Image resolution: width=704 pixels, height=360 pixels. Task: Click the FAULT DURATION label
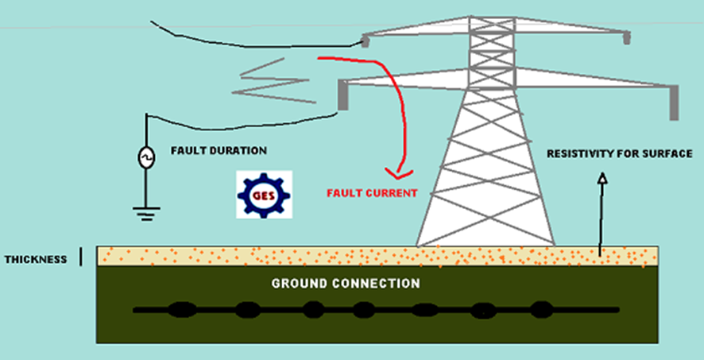pos(219,150)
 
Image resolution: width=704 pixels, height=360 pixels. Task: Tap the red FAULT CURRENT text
pos(372,193)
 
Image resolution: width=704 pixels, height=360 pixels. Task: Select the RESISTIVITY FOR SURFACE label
pos(619,153)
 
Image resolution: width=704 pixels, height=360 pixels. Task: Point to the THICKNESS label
pos(36,260)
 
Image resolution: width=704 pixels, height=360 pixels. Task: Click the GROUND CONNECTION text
pos(346,283)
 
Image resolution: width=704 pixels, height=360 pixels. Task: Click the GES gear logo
pos(264,195)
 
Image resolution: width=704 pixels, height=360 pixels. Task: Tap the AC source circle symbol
pos(146,159)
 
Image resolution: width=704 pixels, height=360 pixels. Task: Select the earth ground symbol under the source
pos(146,211)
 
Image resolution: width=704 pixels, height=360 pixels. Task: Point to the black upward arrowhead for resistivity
pos(601,178)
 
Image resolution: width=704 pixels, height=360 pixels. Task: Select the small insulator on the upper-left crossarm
pos(366,40)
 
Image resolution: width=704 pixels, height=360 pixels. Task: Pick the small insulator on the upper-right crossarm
pos(627,37)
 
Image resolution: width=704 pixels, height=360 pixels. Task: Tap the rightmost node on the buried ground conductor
pos(540,309)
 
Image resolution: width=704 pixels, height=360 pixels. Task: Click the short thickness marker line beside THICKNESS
pos(81,258)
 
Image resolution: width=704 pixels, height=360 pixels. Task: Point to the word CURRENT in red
pos(392,193)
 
